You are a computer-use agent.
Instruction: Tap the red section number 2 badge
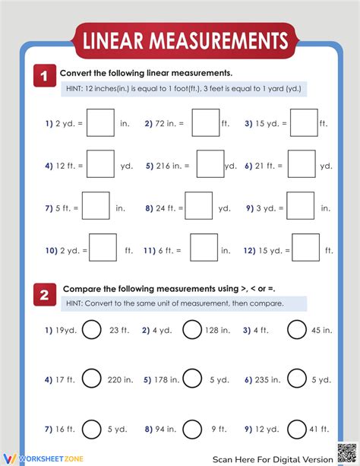(44, 294)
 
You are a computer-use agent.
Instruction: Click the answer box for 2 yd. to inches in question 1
(100, 122)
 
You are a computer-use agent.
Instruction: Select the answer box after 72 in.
(205, 122)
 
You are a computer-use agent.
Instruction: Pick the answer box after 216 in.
(210, 164)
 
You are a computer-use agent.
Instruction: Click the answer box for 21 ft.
(302, 164)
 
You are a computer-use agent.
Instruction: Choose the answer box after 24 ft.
(199, 206)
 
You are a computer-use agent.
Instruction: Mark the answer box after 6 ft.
(204, 248)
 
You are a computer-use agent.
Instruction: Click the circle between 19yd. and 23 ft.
(91, 330)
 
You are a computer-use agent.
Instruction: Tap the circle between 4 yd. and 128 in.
(192, 330)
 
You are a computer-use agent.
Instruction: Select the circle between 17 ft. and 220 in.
(91, 379)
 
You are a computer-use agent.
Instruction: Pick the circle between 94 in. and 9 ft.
(192, 428)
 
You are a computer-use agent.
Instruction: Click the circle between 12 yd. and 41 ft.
(296, 428)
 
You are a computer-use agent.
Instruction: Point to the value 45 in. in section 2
(322, 331)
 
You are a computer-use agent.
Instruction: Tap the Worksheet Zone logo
(38, 459)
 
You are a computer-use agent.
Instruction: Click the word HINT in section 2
(76, 303)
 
